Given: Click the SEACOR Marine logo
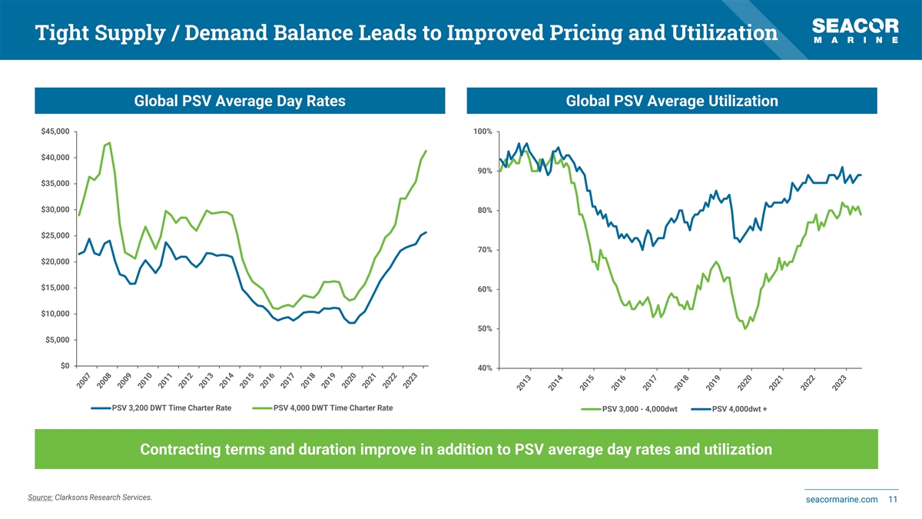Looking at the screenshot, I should point(855,30).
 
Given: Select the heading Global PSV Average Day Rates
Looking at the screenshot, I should point(240,101).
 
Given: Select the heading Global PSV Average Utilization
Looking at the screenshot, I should point(672,101).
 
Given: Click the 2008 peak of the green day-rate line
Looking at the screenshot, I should point(110,142).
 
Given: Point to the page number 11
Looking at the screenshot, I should point(893,500).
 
